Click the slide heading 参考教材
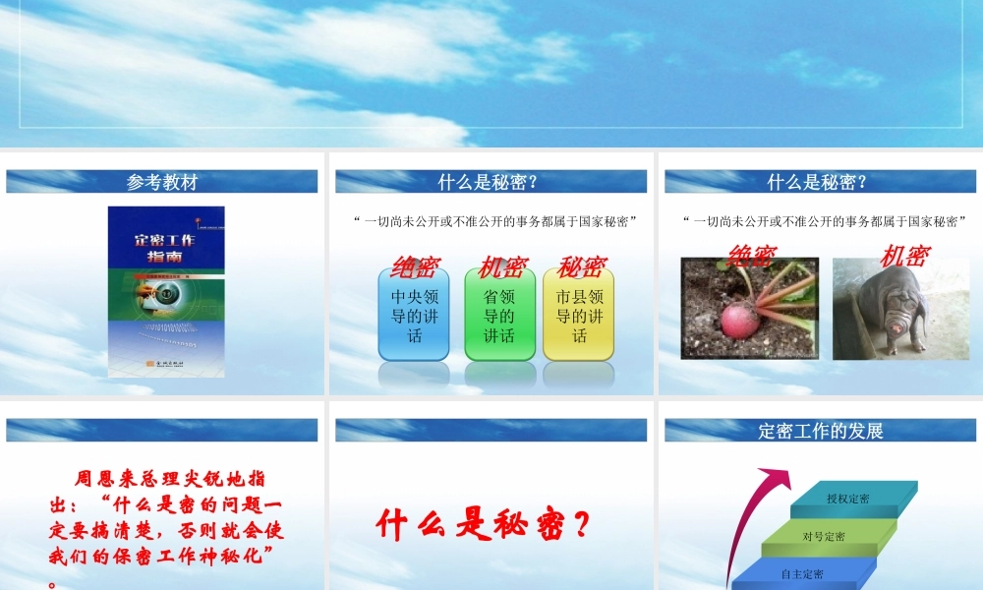[x=162, y=182]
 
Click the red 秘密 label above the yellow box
[x=581, y=266]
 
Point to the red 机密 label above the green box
[x=503, y=266]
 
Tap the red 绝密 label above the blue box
[x=415, y=266]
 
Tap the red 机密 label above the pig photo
[x=904, y=256]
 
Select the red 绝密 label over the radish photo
[x=752, y=256]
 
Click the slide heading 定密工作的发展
[x=821, y=431]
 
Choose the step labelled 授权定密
[x=847, y=499]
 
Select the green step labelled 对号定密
[x=823, y=536]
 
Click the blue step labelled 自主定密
[x=802, y=573]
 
